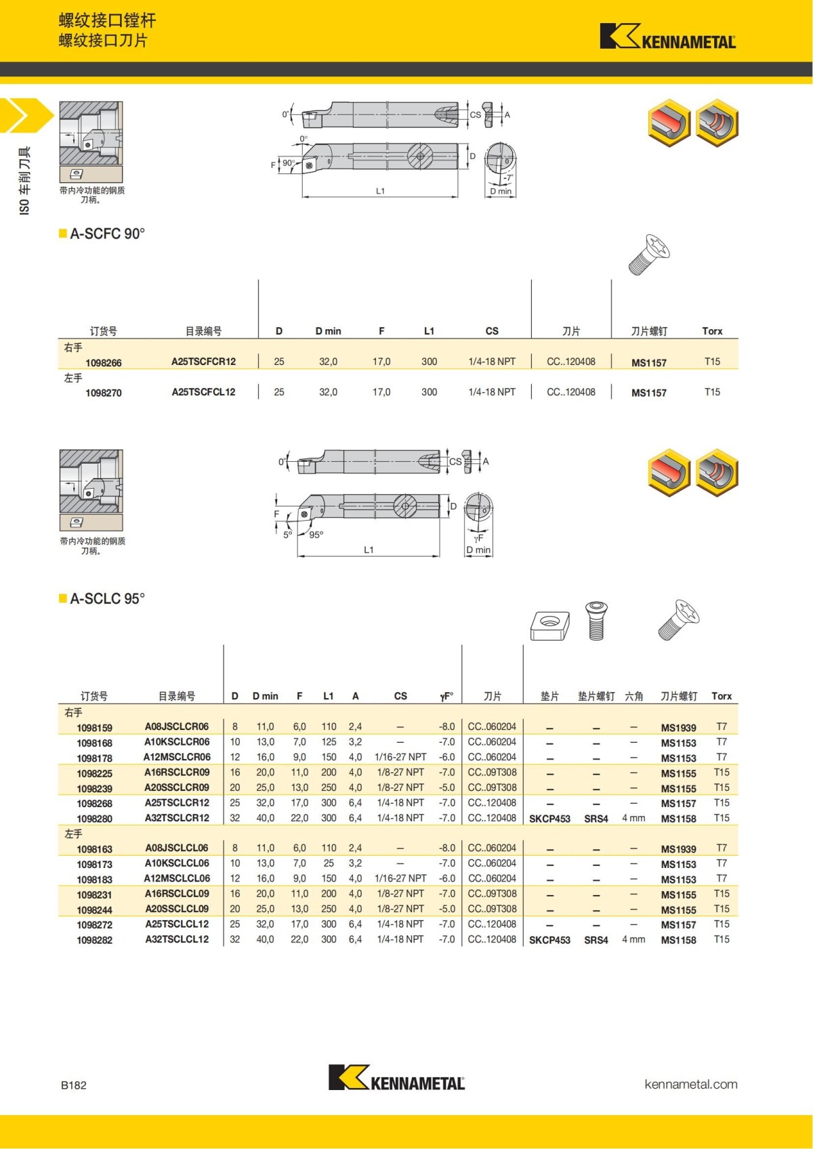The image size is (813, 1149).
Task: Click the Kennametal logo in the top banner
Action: [x=667, y=37]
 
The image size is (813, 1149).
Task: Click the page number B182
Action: [x=74, y=1085]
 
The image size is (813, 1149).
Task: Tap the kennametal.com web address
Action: [x=690, y=1084]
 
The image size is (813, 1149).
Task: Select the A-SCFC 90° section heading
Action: [x=107, y=234]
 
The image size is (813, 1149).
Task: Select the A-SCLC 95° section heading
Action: [x=107, y=599]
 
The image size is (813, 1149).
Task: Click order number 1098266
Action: [x=104, y=363]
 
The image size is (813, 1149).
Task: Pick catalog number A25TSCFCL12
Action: [x=203, y=392]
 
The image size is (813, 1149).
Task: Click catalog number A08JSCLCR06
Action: [x=177, y=727]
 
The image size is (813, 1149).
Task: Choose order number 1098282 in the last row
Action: [x=95, y=940]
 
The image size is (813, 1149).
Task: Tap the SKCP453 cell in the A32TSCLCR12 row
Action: [x=549, y=819]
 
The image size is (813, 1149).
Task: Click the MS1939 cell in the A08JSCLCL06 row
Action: [x=678, y=849]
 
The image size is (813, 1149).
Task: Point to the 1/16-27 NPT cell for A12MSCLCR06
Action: [x=400, y=757]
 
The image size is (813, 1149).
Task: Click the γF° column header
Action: [x=446, y=696]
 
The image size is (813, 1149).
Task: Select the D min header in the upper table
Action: [x=328, y=331]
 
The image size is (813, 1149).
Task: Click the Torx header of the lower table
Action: [x=722, y=696]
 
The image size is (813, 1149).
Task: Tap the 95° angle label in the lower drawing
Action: [x=316, y=535]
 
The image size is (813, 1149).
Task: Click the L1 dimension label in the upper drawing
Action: [x=381, y=191]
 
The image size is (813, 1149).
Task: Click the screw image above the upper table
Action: [x=649, y=255]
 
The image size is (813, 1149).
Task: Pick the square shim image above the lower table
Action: [x=549, y=624]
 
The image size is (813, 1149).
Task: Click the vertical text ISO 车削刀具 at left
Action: [x=25, y=181]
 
